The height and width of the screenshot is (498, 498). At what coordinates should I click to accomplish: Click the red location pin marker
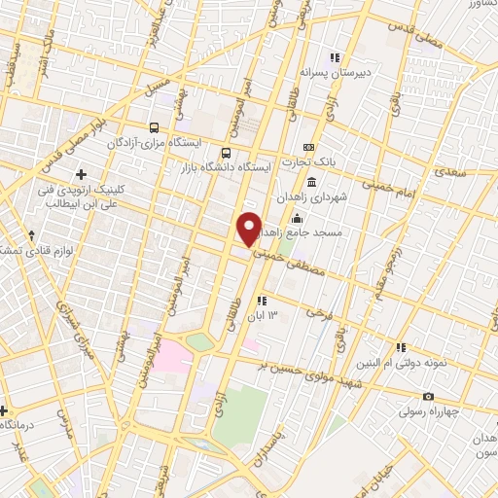point(250,228)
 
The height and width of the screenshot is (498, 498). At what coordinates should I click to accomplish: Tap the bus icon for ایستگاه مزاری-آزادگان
point(154,127)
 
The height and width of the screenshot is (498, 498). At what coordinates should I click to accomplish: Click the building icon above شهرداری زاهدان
point(310,183)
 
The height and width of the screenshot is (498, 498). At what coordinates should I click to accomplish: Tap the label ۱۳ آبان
point(282,316)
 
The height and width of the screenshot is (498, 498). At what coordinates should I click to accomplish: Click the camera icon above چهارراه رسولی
point(429,396)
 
